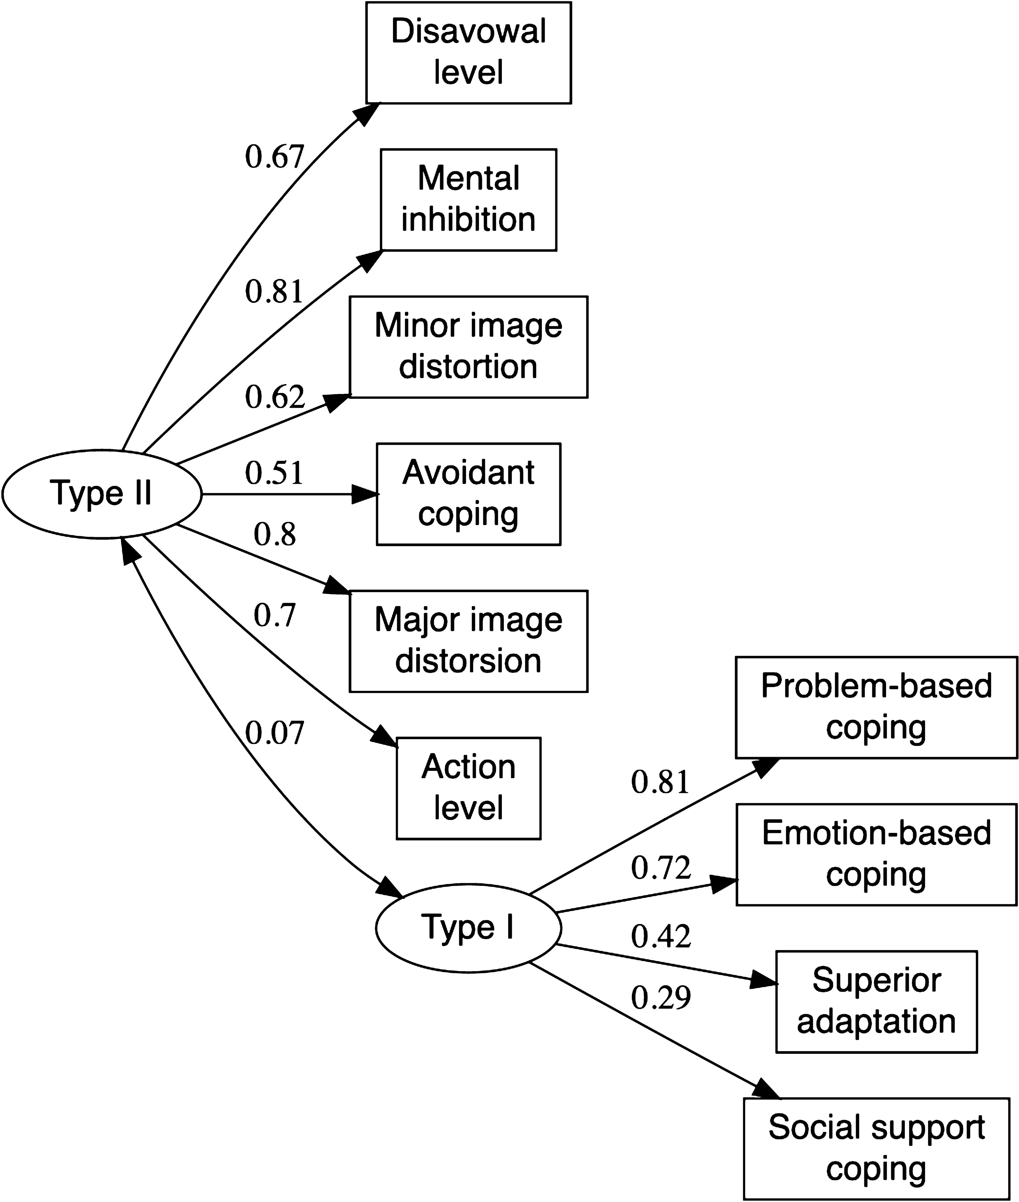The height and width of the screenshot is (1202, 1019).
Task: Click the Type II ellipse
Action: point(102,494)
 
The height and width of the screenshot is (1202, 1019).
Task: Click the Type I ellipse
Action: point(468,928)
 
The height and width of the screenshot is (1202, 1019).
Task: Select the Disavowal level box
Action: point(468,52)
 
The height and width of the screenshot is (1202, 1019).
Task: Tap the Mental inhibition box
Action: point(468,200)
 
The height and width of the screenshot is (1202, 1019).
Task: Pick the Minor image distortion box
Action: point(468,346)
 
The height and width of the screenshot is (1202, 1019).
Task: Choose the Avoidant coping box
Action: point(468,494)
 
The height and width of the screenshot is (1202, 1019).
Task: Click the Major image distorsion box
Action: point(468,641)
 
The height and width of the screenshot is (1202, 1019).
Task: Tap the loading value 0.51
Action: point(274,473)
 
